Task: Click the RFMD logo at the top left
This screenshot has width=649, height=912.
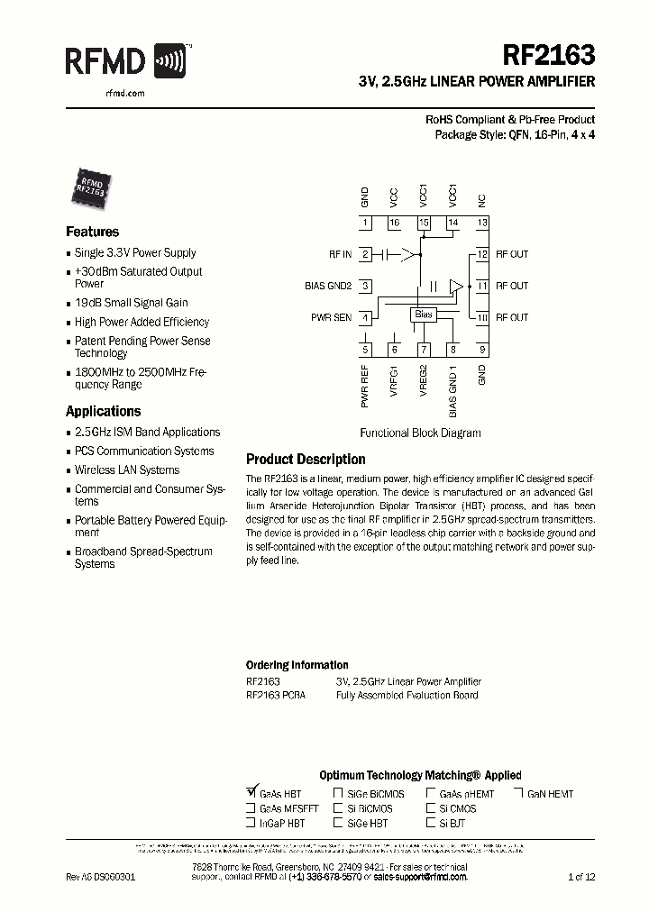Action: click(x=126, y=61)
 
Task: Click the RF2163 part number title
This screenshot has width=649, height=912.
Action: click(x=553, y=56)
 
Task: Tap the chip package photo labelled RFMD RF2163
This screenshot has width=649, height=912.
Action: click(x=89, y=186)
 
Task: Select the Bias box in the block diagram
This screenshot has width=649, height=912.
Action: click(x=424, y=315)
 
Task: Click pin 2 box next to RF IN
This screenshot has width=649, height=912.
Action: click(x=365, y=255)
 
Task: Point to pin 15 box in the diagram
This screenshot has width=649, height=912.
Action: click(x=424, y=223)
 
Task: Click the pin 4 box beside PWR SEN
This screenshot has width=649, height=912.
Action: click(x=365, y=317)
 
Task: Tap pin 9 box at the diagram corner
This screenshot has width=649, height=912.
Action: click(x=482, y=350)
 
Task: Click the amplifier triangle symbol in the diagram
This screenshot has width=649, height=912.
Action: click(x=457, y=286)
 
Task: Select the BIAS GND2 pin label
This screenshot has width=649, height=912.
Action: click(x=327, y=287)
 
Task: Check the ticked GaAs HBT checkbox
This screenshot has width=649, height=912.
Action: click(x=251, y=793)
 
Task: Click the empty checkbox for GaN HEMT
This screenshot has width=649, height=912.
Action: click(x=519, y=793)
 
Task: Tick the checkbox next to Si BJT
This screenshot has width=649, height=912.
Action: click(x=431, y=823)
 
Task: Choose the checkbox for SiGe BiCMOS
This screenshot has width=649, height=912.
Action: click(x=338, y=793)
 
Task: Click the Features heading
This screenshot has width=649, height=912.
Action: click(x=92, y=232)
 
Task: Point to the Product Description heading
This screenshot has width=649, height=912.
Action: click(x=306, y=459)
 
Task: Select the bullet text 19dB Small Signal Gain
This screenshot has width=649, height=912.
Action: click(x=131, y=303)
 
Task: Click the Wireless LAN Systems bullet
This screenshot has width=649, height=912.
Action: click(x=126, y=470)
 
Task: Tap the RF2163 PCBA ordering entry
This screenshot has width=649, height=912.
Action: click(x=274, y=696)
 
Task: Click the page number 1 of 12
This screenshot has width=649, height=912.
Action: click(x=581, y=876)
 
